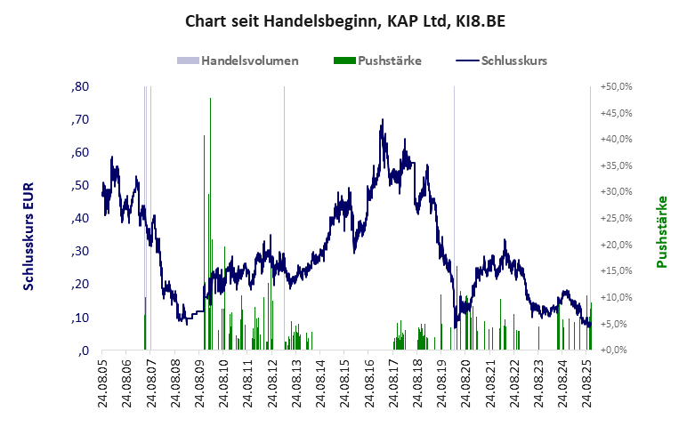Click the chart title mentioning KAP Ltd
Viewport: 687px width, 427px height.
tap(343, 20)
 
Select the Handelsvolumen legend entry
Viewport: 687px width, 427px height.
tap(249, 61)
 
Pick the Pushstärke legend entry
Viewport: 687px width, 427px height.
tap(389, 61)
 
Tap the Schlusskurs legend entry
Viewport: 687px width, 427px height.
tap(513, 61)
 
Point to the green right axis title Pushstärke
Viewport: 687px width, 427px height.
tap(661, 232)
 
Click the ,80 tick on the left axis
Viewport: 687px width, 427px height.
tap(79, 87)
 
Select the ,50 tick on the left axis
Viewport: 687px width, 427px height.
tap(79, 186)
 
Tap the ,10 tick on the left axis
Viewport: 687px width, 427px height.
tap(79, 318)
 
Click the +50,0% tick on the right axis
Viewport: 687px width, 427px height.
tap(615, 87)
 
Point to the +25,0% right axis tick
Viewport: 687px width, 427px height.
tap(615, 219)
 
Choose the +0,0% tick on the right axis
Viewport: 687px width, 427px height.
tap(617, 350)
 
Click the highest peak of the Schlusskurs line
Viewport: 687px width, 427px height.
tap(382, 120)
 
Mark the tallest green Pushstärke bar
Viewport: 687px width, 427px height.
tap(210, 100)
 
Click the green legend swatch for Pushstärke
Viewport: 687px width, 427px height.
tap(343, 61)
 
